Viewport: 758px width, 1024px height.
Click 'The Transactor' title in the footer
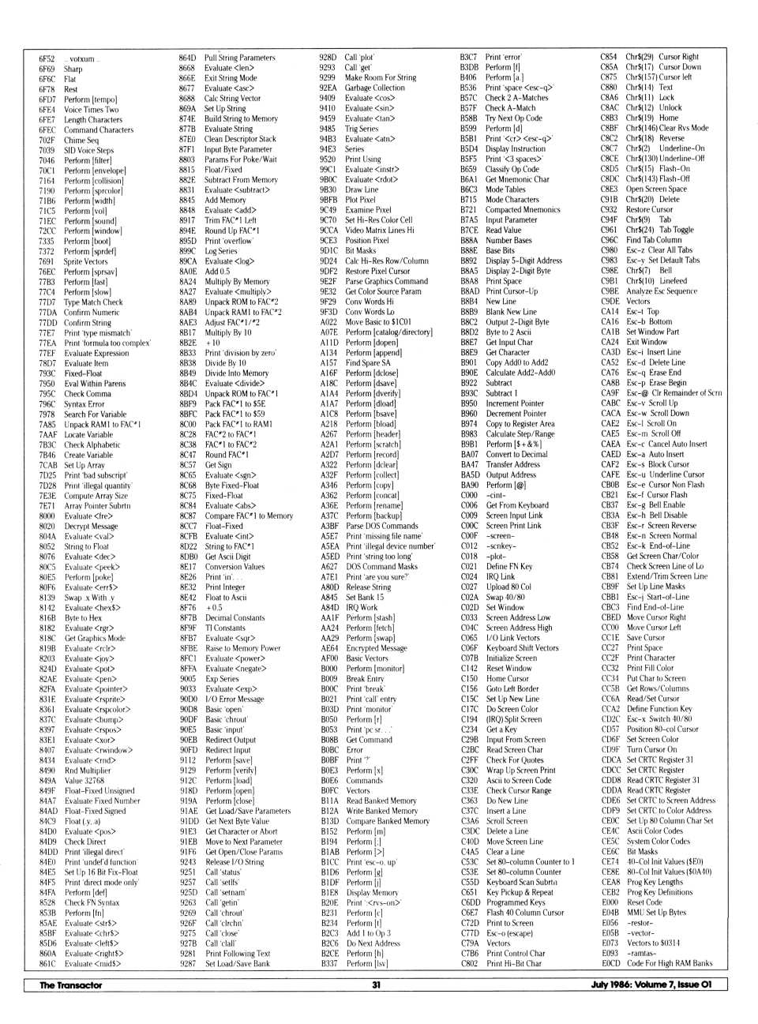71,985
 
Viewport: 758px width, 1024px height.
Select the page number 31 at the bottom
377,985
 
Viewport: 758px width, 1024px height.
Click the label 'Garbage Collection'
374,88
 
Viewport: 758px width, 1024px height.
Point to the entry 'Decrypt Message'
91,526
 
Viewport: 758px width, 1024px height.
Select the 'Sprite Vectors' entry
85,261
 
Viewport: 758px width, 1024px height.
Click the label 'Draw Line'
362,189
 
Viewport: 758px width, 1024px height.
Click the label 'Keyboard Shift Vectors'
522,648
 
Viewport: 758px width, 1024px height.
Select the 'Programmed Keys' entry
516,902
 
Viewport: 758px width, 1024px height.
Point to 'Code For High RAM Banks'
670,963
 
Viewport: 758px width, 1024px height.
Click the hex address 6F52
47,58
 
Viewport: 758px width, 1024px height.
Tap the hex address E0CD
610,963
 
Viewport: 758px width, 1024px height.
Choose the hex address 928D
328,58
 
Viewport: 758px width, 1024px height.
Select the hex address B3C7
469,58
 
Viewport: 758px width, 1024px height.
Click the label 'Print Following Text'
238,954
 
